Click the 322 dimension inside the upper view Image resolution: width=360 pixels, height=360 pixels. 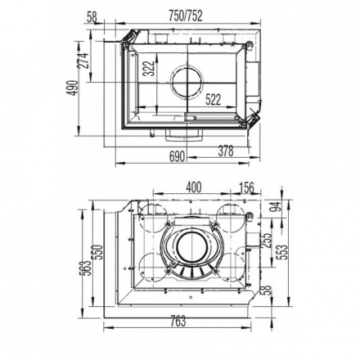tap(149, 69)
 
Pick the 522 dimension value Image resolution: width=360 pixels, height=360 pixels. tap(214, 99)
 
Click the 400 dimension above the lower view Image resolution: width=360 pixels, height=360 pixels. tap(193, 187)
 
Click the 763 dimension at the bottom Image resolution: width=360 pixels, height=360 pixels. tap(178, 321)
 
